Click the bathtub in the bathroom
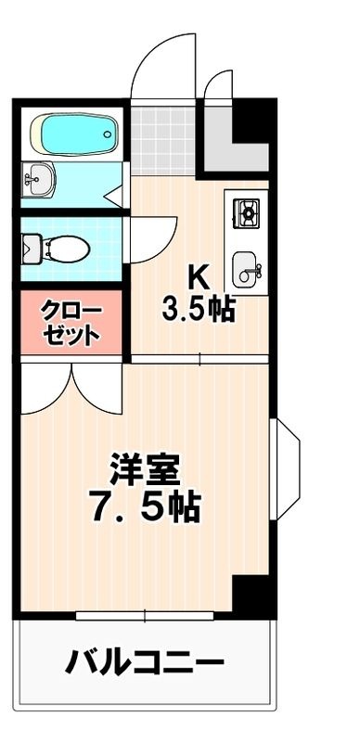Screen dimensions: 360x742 74,134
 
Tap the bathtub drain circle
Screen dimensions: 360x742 108,134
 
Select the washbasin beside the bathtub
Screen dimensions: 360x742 38,179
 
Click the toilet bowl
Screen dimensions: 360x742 66,249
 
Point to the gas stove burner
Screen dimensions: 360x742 246,213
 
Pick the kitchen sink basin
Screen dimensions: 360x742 246,269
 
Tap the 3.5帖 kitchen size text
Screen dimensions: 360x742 199,310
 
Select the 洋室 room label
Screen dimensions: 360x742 145,469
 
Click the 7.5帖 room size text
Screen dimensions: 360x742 145,506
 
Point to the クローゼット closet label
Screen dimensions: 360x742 71,323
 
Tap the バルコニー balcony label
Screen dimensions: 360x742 144,661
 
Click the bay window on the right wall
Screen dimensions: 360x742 285,468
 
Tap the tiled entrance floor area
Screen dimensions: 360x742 163,140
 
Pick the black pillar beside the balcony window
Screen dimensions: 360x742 253,595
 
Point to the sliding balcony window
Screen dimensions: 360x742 145,615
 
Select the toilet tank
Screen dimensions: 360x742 32,248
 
